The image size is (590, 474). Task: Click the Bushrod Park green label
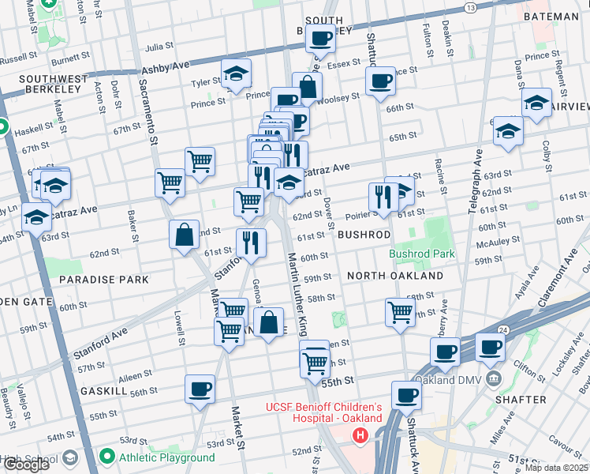[x=422, y=254]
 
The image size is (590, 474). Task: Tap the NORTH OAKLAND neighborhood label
[x=394, y=276]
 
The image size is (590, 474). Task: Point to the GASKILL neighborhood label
[x=103, y=391]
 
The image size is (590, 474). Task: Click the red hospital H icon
[x=360, y=435]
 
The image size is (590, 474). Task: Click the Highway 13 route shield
[x=471, y=7]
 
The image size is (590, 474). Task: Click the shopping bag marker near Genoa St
[x=268, y=322]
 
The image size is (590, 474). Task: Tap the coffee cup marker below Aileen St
[x=200, y=389]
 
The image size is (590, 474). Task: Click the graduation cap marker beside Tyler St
[x=236, y=73]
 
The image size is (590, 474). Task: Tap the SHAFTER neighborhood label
[x=520, y=400]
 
